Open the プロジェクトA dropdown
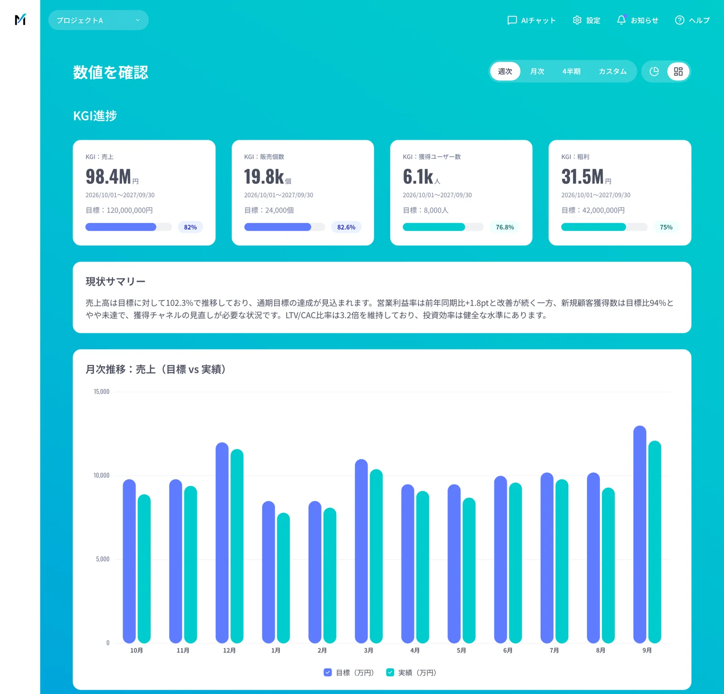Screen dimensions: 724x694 pos(98,20)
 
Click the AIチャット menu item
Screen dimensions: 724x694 pos(531,20)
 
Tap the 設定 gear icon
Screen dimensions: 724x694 pos(577,20)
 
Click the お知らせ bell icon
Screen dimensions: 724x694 pos(621,20)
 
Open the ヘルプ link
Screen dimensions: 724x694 pos(692,20)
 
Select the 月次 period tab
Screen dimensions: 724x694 pos(537,72)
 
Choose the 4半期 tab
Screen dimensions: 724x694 pos(571,72)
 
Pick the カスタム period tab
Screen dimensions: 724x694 pos(612,72)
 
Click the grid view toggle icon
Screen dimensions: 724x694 pos(678,72)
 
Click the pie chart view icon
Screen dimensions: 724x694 pos(654,72)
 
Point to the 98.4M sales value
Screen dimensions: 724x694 pos(108,177)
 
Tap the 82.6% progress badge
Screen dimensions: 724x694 pos(346,227)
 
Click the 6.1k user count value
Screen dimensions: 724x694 pos(418,177)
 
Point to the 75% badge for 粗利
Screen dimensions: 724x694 pos(666,227)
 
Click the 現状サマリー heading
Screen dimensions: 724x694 pos(115,282)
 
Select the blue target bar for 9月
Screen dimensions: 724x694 pos(640,535)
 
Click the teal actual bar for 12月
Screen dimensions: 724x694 pos(237,546)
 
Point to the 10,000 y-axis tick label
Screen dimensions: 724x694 pos(101,475)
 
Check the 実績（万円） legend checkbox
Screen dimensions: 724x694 pos(390,672)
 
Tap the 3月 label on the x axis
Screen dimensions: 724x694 pos(368,651)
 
